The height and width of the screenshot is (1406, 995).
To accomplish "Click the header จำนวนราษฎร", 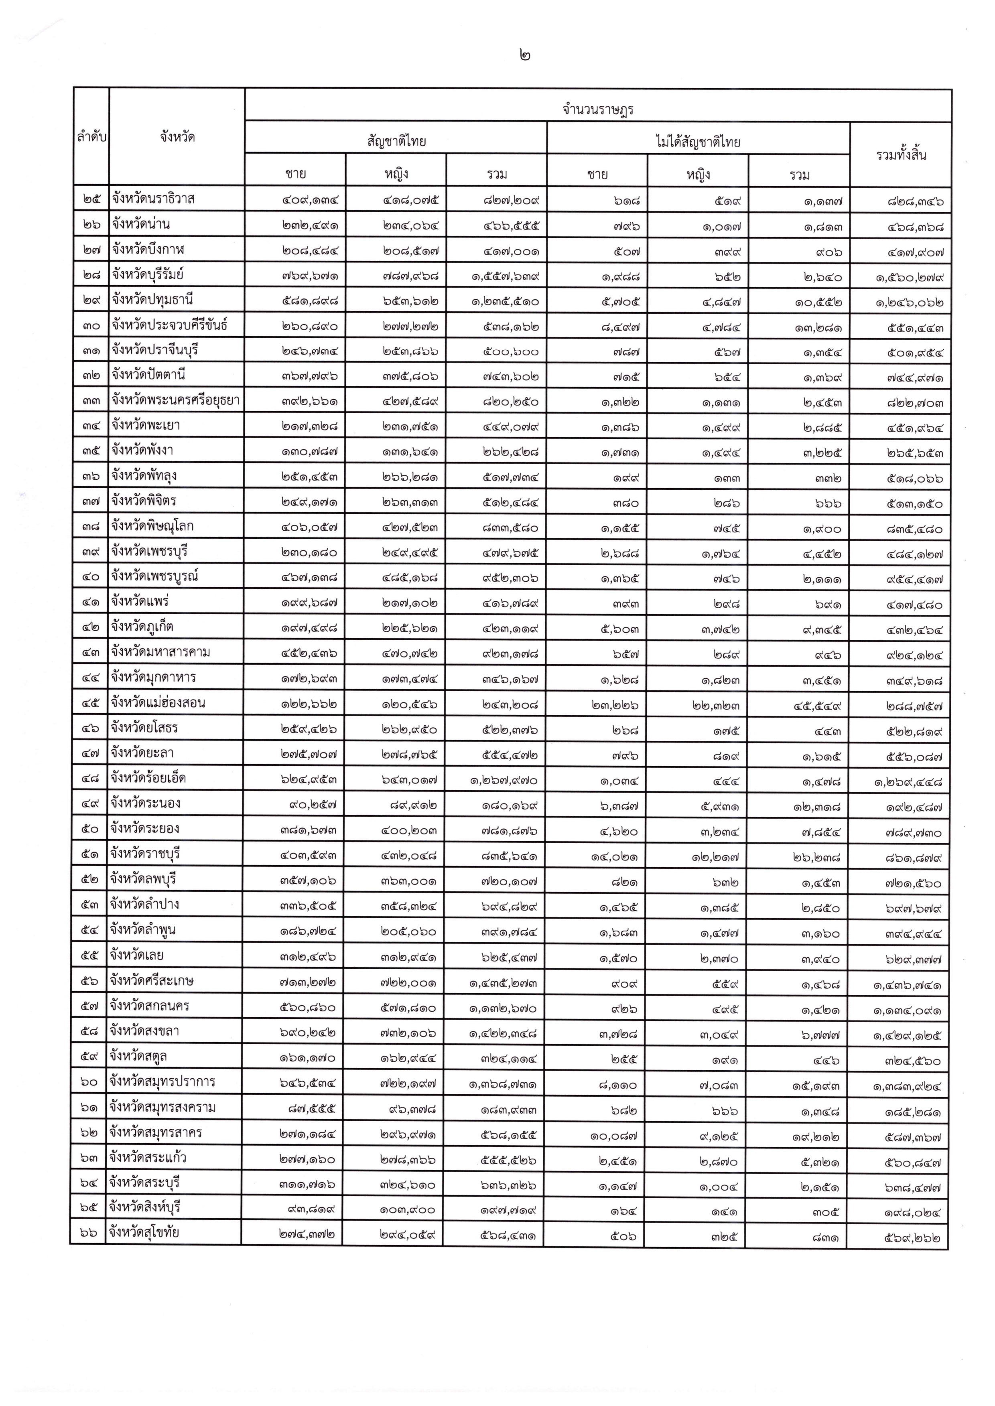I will [x=597, y=110].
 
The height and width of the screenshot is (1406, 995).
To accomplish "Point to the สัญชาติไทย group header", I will [x=396, y=142].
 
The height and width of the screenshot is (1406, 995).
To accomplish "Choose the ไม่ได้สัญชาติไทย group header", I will [x=698, y=142].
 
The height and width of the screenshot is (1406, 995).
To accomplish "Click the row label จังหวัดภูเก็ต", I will [x=145, y=627].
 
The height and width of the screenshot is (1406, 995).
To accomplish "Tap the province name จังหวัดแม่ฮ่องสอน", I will [x=158, y=703].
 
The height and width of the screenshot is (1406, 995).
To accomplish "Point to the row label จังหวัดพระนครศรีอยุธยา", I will [x=175, y=401].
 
